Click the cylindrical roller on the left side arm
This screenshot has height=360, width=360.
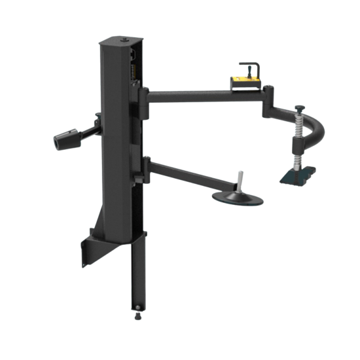coord(64,139)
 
